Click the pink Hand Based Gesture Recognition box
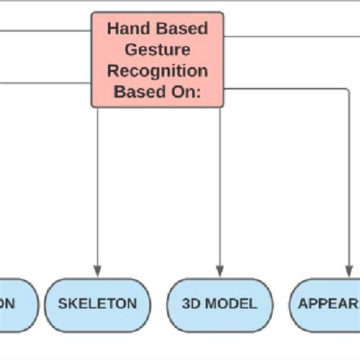point(157,59)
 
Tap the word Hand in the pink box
point(130,29)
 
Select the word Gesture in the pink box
point(157,50)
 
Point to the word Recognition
point(157,71)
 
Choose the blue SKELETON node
point(97,304)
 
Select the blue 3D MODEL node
point(219,304)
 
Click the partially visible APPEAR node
point(327,304)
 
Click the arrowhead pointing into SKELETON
point(97,271)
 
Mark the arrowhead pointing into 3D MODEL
point(219,271)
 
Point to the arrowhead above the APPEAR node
point(350,271)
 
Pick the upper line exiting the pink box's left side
point(46,32)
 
